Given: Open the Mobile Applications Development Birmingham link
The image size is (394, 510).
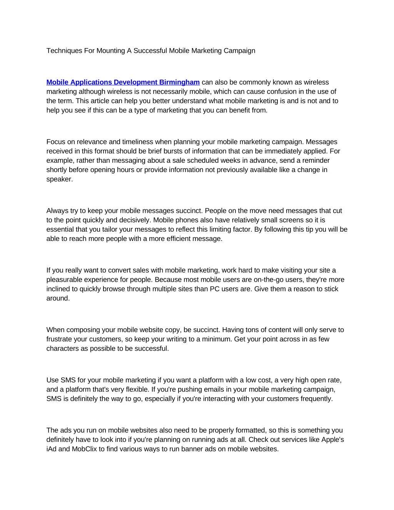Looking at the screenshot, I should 123,82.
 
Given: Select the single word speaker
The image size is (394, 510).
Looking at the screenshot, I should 59,179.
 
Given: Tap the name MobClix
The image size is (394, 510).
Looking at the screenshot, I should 84,449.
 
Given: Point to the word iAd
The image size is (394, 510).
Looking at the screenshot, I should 52,449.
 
